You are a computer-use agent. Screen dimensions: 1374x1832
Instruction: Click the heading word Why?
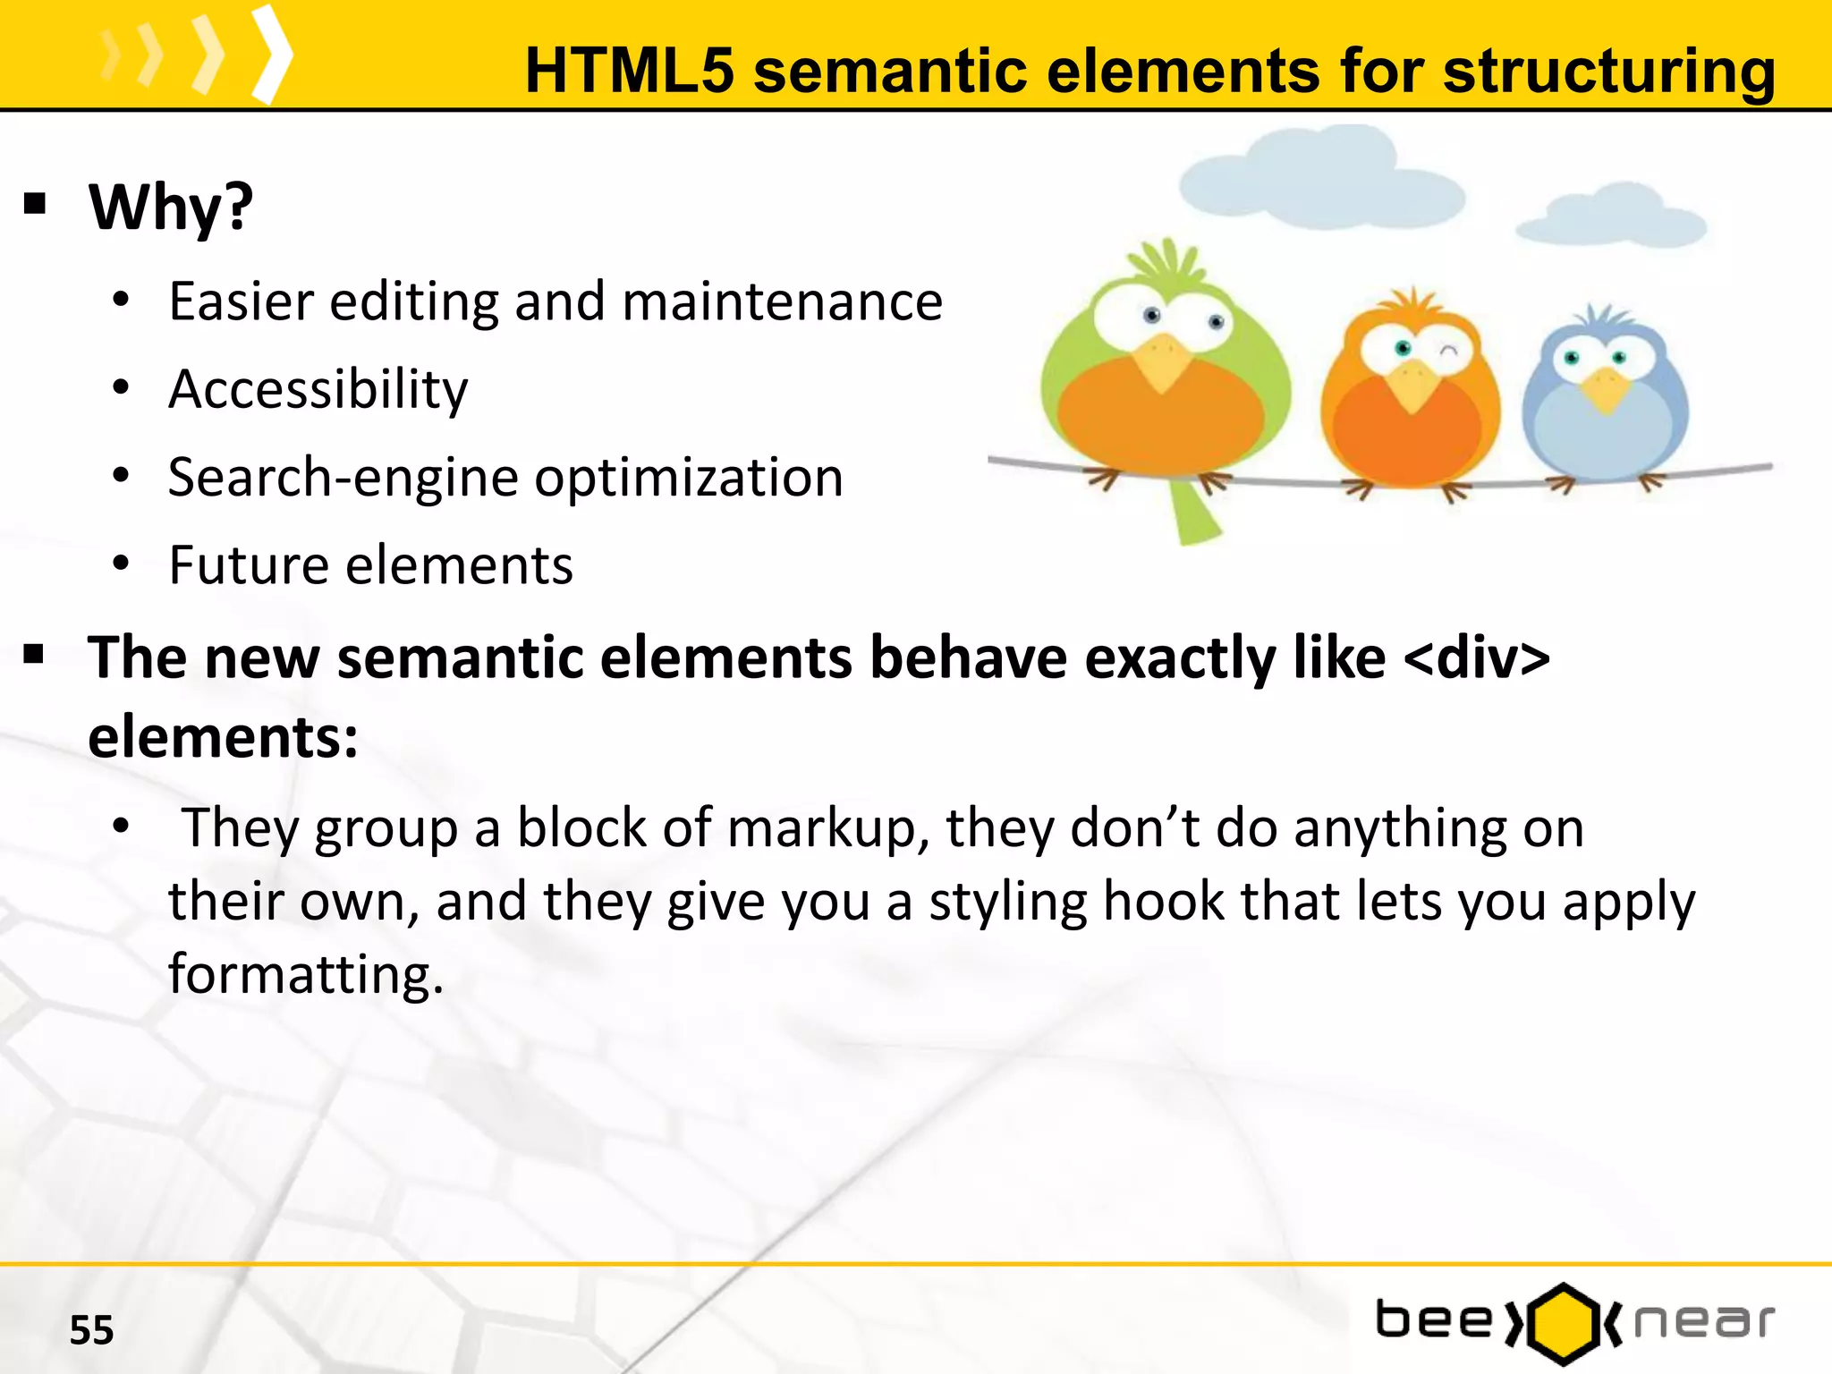[x=171, y=208]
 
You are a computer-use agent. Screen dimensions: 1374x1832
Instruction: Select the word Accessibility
[x=318, y=390]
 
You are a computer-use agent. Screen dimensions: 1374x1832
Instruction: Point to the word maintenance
[x=782, y=301]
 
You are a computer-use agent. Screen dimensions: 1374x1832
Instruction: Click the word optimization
[x=688, y=478]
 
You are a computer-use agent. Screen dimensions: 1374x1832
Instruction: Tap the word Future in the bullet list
[x=249, y=565]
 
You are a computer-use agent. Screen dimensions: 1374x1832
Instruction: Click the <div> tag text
[x=1476, y=657]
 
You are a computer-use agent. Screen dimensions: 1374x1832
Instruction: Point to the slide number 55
[x=91, y=1330]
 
